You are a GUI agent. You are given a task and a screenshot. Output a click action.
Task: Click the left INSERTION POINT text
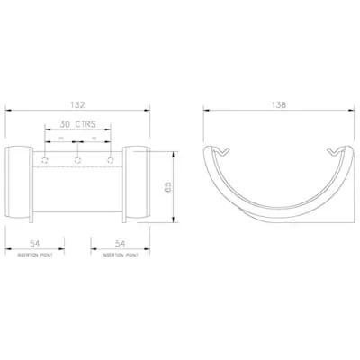(x=37, y=256)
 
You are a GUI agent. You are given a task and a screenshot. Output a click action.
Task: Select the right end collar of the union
(x=136, y=184)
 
